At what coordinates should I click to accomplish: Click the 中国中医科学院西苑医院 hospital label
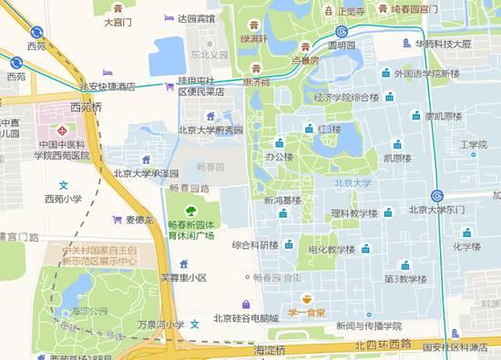[63, 149]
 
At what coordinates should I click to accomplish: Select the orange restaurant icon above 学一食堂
[308, 297]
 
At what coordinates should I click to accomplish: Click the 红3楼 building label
[329, 129]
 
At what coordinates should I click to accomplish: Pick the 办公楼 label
[280, 157]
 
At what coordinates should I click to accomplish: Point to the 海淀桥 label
[269, 349]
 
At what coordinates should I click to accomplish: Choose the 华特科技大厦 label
[444, 43]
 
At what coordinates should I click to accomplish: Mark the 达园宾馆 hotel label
[197, 18]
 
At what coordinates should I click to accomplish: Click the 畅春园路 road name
[189, 188]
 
